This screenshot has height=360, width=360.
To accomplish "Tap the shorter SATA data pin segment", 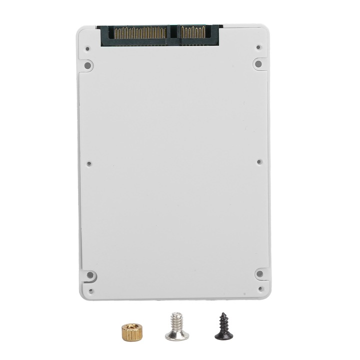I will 193,33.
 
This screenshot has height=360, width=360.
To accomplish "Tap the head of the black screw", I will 223,334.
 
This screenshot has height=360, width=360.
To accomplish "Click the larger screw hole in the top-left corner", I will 87,65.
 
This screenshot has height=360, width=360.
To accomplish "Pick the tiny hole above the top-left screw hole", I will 87,49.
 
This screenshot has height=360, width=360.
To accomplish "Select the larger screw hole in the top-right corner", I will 258,63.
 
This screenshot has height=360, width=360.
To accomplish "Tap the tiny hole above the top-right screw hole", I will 258,47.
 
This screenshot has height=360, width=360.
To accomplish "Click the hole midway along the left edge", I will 89,163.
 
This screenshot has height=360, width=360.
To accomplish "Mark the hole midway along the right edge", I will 259,161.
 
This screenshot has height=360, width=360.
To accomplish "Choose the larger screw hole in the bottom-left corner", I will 90,275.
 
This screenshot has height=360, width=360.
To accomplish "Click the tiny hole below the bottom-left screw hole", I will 90,290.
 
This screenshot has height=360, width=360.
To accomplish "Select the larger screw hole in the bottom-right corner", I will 259,273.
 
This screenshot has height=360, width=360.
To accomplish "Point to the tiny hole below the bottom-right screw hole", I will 260,288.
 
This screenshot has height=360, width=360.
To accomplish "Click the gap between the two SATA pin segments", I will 173,33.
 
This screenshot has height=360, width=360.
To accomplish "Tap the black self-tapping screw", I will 223,327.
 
